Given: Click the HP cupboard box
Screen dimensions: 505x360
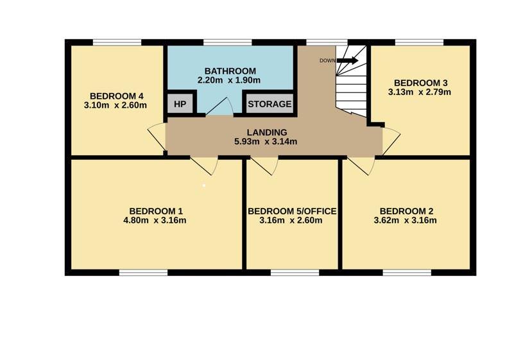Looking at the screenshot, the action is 180,103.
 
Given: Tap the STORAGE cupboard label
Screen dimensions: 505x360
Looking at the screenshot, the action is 270,104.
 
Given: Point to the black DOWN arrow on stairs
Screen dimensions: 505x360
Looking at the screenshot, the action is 348,60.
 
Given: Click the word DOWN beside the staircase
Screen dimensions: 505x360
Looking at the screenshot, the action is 327,60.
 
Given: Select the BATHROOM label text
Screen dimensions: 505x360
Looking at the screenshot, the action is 230,71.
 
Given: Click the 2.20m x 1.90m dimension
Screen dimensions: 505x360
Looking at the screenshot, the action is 229,80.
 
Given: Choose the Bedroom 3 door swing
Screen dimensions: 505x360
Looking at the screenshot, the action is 391,141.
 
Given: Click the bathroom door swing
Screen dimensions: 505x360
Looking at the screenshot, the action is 219,107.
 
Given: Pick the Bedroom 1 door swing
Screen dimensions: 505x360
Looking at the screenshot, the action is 204,166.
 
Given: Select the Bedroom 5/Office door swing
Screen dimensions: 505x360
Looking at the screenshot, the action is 264,166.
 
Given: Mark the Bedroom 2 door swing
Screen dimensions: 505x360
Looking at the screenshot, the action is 361,166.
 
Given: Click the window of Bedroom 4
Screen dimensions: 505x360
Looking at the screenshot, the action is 117,42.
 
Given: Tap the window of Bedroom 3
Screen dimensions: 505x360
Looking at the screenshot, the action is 419,42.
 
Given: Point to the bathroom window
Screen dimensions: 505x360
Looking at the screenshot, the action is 227,42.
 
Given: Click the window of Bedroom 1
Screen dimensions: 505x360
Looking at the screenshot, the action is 144,273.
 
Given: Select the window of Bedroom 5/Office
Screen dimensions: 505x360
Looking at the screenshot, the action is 295,273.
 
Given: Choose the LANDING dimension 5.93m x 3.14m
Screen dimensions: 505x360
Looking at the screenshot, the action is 266,141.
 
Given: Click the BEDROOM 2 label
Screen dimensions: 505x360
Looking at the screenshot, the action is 406,211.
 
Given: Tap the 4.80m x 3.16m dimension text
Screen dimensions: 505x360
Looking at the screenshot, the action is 155,221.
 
